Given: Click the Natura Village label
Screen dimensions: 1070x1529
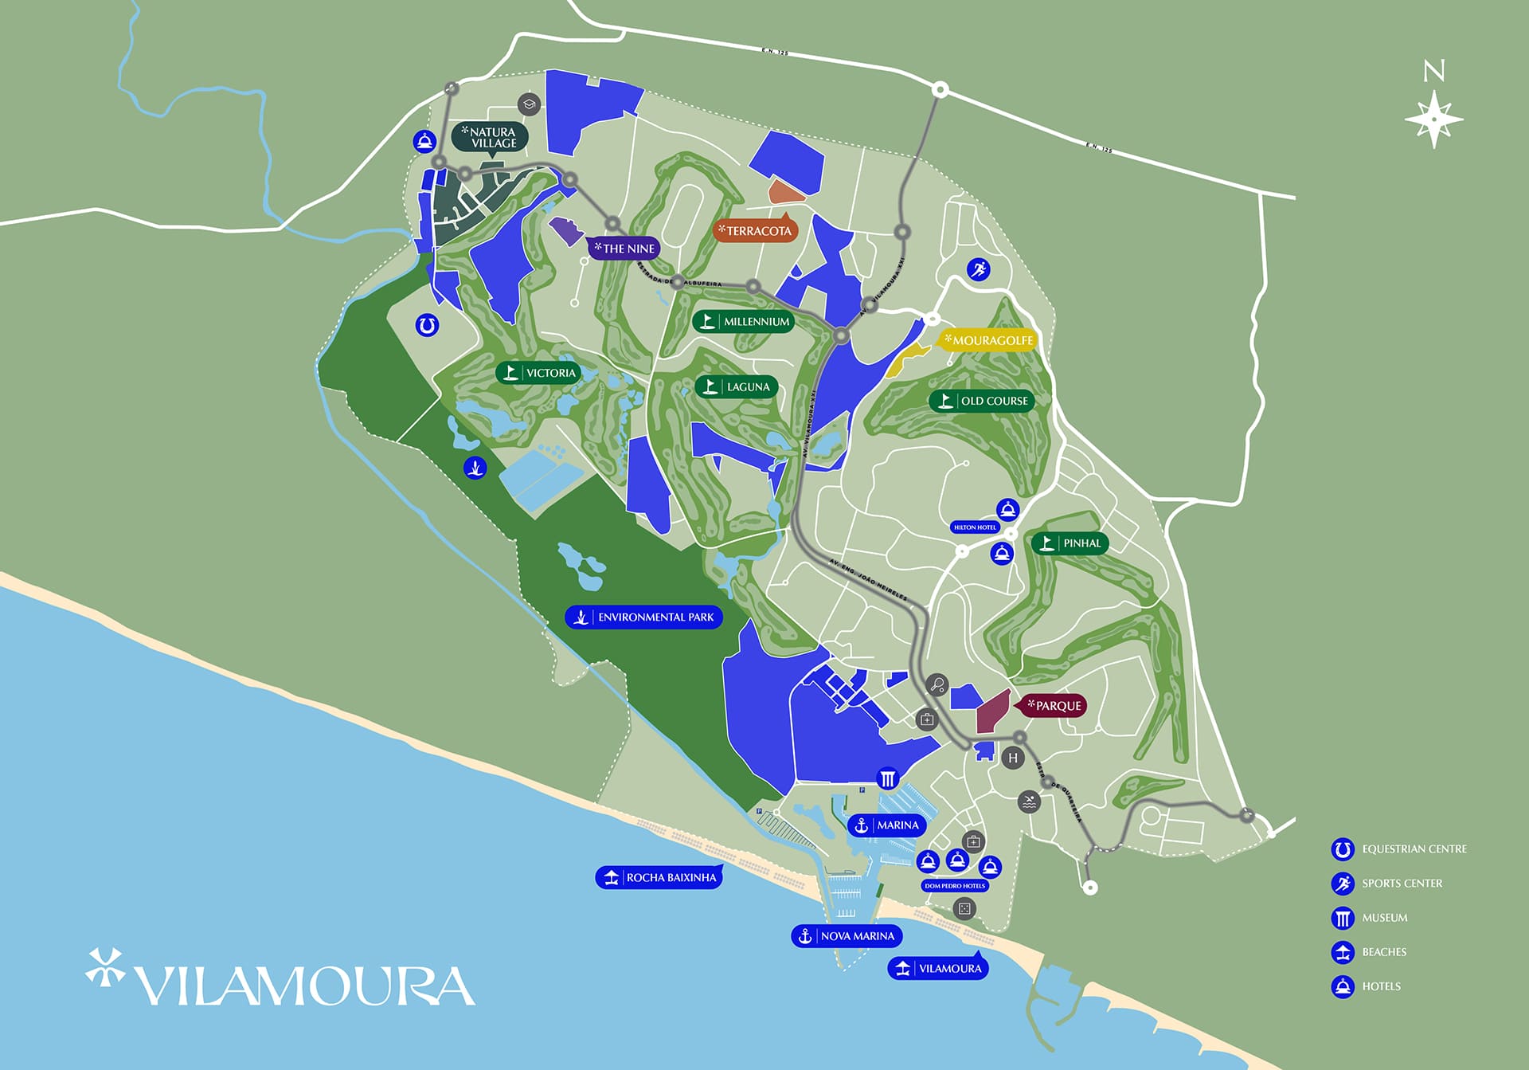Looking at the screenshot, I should (490, 137).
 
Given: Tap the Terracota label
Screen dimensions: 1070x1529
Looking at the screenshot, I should (755, 231).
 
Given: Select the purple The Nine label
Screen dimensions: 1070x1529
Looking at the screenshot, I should (624, 249).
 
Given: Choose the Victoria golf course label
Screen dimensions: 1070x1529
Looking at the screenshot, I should (538, 373).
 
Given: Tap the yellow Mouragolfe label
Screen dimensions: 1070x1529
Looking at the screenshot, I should (988, 340).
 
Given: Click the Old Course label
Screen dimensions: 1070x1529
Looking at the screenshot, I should (982, 401).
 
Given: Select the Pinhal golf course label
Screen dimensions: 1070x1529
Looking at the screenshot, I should (1070, 543).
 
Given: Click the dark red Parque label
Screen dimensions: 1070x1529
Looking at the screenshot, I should (1053, 706).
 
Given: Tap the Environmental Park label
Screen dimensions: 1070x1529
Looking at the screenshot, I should (643, 617).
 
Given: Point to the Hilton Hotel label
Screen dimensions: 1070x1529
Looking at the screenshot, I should (975, 527).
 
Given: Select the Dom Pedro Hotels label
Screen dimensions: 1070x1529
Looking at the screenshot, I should (955, 886).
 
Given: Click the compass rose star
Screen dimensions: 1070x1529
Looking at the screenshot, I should (1433, 120).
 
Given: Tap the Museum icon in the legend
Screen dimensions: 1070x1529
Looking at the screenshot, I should (1343, 918).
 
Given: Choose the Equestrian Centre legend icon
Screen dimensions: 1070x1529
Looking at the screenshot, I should (1343, 849).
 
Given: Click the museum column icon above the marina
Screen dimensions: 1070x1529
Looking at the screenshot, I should (887, 778).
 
